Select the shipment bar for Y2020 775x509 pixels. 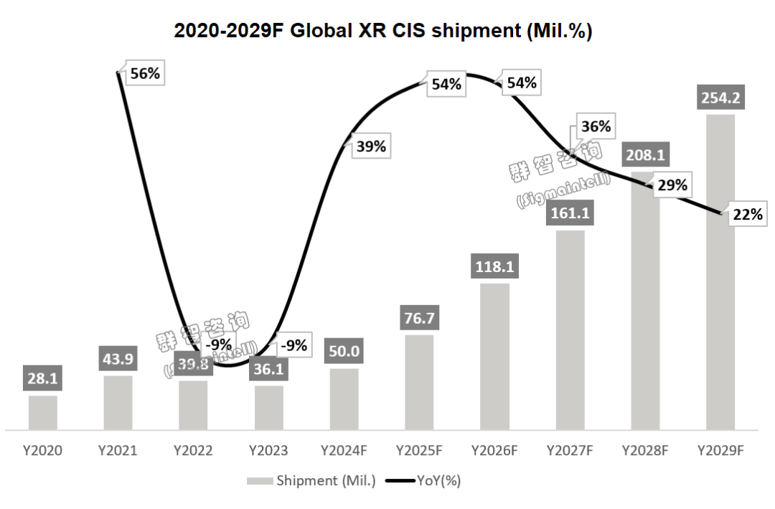click(x=43, y=412)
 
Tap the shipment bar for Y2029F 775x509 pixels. click(x=720, y=273)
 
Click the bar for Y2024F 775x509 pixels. click(x=344, y=399)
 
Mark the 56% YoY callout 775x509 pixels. click(x=145, y=73)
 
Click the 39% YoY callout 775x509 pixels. click(x=371, y=146)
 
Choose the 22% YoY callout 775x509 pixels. click(x=746, y=214)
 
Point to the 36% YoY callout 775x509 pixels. click(x=596, y=126)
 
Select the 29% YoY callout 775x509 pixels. click(x=672, y=185)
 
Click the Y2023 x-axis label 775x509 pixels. click(x=268, y=451)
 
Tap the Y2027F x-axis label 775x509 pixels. click(x=570, y=451)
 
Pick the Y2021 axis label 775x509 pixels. click(x=118, y=451)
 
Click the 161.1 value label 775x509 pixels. click(x=570, y=213)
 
